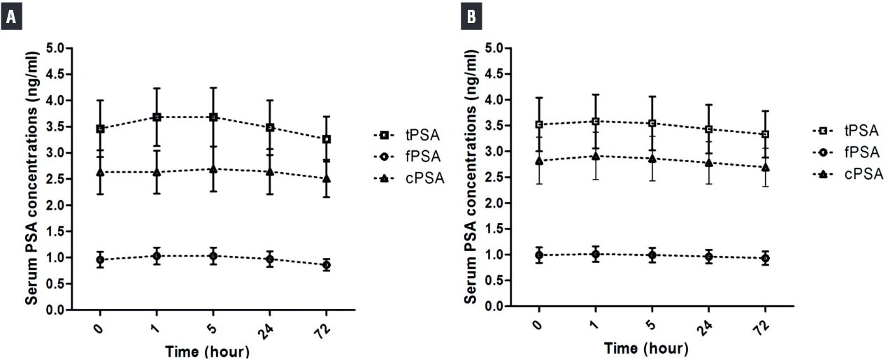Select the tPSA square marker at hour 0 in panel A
coord(100,129)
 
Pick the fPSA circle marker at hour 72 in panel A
coord(326,266)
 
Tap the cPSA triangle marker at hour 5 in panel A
coord(213,169)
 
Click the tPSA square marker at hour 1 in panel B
coord(595,122)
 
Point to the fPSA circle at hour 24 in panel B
coord(708,257)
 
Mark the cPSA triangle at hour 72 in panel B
coord(765,168)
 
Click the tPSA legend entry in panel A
coord(406,135)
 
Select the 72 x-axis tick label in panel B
coord(766,326)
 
